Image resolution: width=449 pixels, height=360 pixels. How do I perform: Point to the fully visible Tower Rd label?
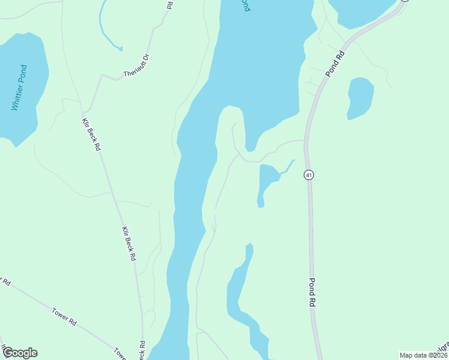click(x=64, y=316)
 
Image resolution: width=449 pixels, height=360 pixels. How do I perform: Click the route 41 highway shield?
click(x=309, y=175)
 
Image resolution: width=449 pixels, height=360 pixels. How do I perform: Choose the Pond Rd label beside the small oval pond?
click(x=336, y=63)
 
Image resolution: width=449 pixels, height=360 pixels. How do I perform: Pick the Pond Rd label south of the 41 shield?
click(x=312, y=293)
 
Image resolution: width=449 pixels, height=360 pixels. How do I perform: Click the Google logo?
click(x=20, y=353)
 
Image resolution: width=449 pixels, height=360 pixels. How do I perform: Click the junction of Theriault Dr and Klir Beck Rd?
click(x=85, y=110)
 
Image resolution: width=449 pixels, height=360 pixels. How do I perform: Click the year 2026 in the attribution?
click(x=438, y=355)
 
